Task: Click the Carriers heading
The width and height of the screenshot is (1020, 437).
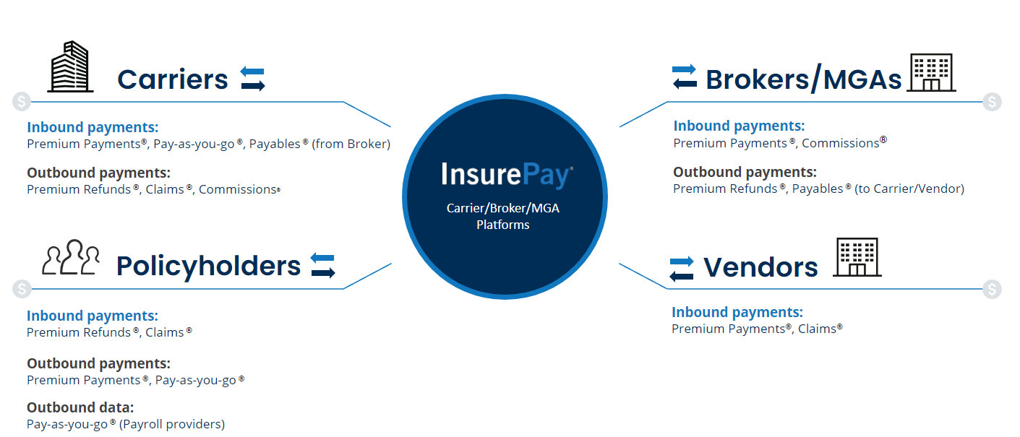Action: (x=173, y=79)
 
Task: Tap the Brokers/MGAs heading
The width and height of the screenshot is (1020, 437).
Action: (x=803, y=79)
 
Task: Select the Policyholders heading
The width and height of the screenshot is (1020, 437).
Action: (x=208, y=266)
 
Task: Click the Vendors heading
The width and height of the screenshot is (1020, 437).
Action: (x=760, y=267)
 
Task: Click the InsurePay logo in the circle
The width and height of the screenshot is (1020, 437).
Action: (x=507, y=174)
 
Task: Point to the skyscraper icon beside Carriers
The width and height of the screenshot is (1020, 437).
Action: (x=71, y=66)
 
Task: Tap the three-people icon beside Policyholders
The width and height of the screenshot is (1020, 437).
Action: (x=71, y=257)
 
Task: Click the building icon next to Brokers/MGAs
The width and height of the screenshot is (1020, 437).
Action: (x=931, y=73)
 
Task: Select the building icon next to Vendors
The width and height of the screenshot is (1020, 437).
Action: (x=857, y=257)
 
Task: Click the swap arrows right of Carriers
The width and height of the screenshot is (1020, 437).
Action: (x=253, y=79)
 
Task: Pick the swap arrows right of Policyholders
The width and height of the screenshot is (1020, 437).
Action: (x=323, y=265)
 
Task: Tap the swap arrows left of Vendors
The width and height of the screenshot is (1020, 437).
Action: (x=682, y=269)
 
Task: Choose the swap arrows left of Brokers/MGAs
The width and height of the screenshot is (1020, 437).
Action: (x=685, y=77)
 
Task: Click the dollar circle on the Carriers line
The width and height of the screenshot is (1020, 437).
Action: (x=22, y=102)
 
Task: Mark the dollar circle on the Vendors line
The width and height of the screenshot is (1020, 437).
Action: (x=992, y=289)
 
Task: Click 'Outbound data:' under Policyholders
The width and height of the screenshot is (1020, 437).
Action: (x=80, y=407)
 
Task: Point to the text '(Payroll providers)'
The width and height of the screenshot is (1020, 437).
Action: (x=172, y=424)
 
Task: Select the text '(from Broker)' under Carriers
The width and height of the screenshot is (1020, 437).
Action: (x=351, y=144)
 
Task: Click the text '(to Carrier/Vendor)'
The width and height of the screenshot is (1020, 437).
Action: (x=909, y=189)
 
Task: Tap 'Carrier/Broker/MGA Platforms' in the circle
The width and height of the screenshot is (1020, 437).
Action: (x=503, y=216)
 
